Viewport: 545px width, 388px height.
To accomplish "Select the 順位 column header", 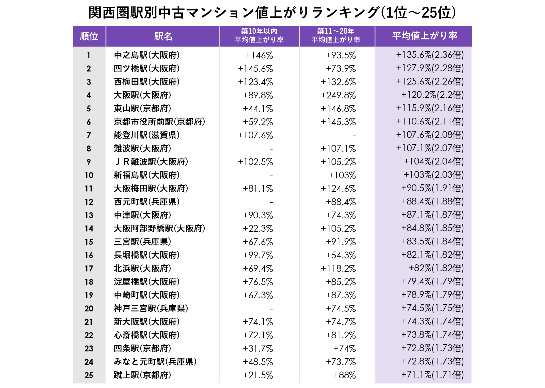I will (x=89, y=36).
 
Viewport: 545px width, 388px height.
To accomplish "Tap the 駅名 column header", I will (x=163, y=36).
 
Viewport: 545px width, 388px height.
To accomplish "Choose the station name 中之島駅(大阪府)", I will (x=146, y=55).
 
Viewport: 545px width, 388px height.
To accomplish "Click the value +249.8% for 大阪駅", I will (x=338, y=95).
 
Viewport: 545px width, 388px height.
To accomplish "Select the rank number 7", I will (x=89, y=135).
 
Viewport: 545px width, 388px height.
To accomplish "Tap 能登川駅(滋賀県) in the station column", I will (x=146, y=135).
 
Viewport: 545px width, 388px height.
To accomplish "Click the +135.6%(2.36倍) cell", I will (x=430, y=55).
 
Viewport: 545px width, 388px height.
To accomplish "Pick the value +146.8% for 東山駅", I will (x=338, y=109).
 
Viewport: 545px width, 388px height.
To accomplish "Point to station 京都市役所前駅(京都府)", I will (x=159, y=122).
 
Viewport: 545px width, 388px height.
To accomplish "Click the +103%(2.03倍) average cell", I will (x=433, y=175).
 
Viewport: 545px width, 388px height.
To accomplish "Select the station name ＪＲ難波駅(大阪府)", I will (x=151, y=162).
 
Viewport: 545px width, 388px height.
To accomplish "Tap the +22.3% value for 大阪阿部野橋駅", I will (x=258, y=229).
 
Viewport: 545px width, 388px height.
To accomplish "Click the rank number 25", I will (x=89, y=375).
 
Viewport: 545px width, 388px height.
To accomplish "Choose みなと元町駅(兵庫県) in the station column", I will (x=155, y=362).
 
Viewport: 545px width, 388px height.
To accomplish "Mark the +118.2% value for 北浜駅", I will (x=338, y=269).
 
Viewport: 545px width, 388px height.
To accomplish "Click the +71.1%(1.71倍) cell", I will (x=432, y=375).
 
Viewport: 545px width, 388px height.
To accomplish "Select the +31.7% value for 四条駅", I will (x=258, y=349).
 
